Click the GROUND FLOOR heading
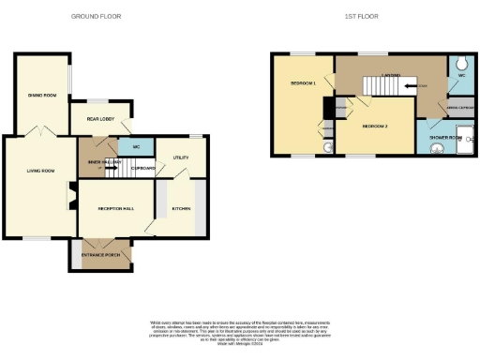[x=100, y=16]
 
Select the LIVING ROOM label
[x=40, y=171]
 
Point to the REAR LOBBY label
[x=101, y=119]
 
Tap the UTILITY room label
[x=180, y=158]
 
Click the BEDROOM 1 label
[x=302, y=84]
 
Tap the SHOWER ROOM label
[x=444, y=137]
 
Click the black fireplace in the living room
[x=70, y=196]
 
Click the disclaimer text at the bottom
[x=240, y=330]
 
